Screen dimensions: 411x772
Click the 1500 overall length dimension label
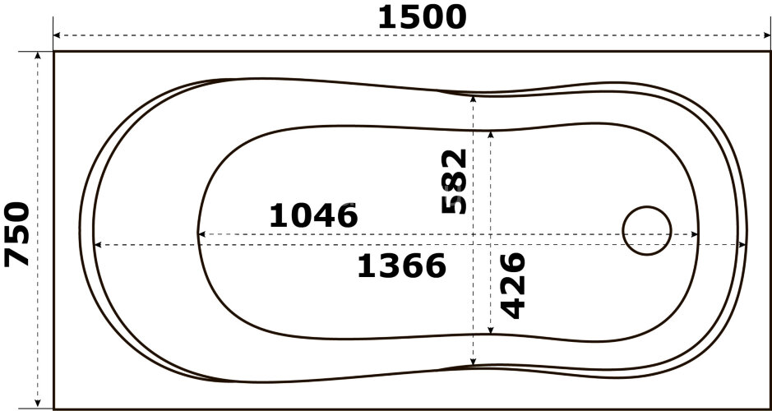pyautogui.click(x=422, y=16)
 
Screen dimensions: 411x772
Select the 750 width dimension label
pyautogui.click(x=18, y=234)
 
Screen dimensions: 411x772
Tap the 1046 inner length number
pyautogui.click(x=313, y=216)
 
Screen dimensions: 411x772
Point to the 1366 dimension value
pyautogui.click(x=402, y=266)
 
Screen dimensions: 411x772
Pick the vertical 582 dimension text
pyautogui.click(x=454, y=182)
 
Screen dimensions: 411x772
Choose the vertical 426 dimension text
pyautogui.click(x=512, y=285)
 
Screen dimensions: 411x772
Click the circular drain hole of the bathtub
pyautogui.click(x=647, y=230)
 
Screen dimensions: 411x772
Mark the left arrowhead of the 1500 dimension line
pyautogui.click(x=57, y=36)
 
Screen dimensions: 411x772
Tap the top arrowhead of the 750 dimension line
pyautogui.click(x=38, y=55)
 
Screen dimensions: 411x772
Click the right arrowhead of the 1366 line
pyautogui.click(x=743, y=244)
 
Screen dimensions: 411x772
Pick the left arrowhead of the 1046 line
pyautogui.click(x=201, y=234)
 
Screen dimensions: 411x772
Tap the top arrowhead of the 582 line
pyautogui.click(x=474, y=97)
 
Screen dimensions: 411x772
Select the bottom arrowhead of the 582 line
pyautogui.click(x=474, y=363)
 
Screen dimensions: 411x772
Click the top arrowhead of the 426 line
pyautogui.click(x=491, y=133)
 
